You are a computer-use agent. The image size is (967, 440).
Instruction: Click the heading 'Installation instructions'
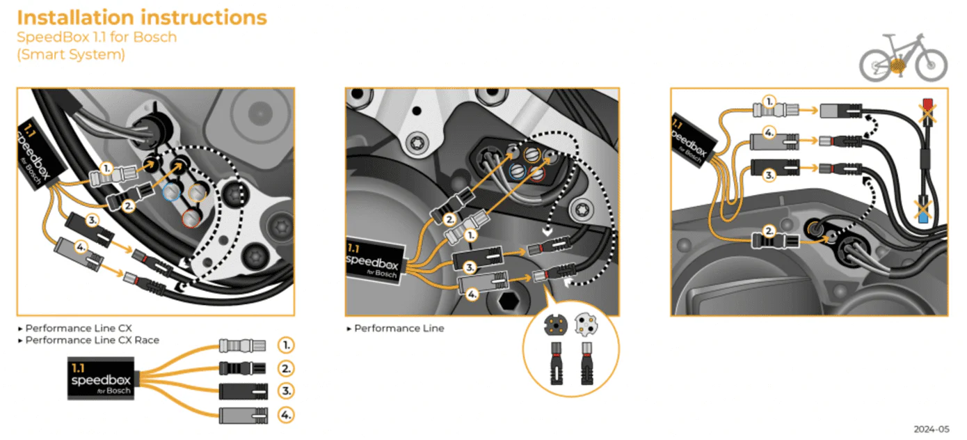(141, 17)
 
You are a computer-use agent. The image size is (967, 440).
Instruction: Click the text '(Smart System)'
(71, 54)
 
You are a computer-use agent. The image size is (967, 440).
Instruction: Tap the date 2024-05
(934, 428)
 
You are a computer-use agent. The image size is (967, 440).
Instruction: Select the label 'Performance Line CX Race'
(92, 340)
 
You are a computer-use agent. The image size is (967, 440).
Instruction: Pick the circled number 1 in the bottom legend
(285, 345)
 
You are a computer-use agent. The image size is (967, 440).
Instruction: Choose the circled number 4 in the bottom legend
(285, 416)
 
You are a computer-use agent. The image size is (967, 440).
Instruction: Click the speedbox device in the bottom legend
(101, 379)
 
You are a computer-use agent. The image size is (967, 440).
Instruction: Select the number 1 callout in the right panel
(769, 100)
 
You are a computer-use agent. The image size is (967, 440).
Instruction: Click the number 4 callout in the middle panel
(472, 294)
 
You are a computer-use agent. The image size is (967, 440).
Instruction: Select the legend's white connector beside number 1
(242, 345)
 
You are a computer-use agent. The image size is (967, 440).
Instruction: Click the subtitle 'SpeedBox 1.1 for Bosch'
(97, 37)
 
